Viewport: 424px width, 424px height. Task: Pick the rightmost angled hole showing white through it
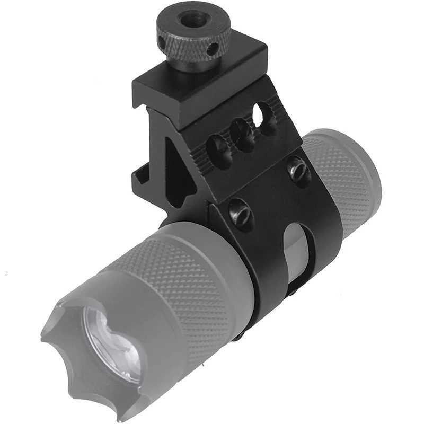pos(260,114)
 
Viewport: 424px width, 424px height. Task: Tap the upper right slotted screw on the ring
pos(298,170)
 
